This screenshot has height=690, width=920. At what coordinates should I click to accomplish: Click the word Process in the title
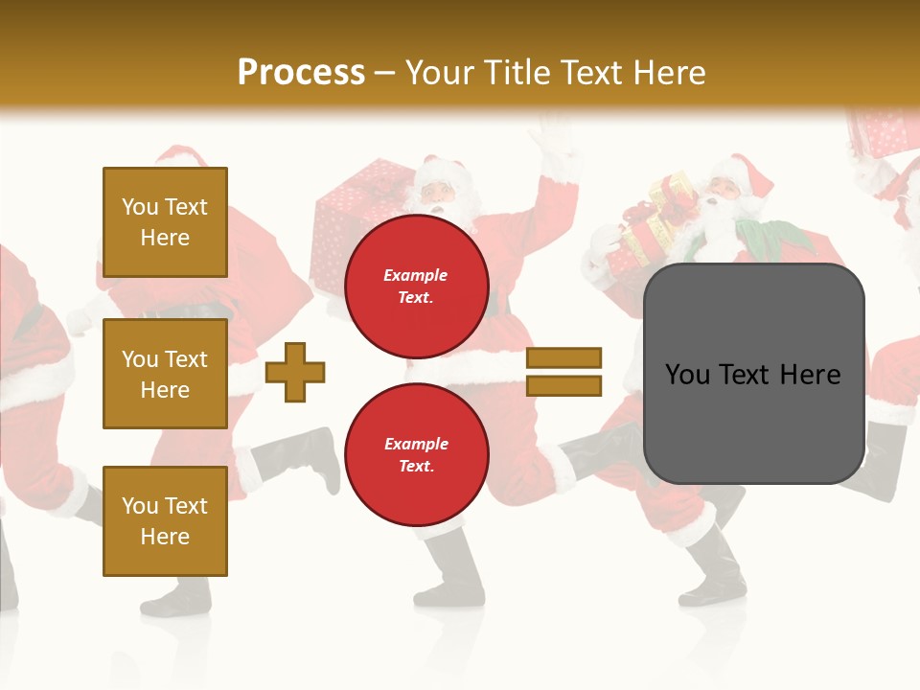pos(301,72)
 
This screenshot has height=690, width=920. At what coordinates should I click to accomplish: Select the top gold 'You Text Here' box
pos(165,222)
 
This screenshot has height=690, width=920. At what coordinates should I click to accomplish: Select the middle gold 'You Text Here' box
pos(165,374)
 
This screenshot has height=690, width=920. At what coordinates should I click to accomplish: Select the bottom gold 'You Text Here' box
pos(165,520)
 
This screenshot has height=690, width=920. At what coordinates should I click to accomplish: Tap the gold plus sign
pos(295,372)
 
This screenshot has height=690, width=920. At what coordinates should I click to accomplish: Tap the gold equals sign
pos(563,372)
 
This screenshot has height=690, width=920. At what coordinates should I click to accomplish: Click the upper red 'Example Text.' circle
pos(416,286)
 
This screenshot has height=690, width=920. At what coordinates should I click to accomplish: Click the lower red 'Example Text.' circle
pos(416,454)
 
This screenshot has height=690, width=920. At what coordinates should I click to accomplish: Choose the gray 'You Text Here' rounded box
pos(753,374)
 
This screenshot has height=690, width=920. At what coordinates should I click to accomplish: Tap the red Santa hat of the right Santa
pos(752,172)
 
